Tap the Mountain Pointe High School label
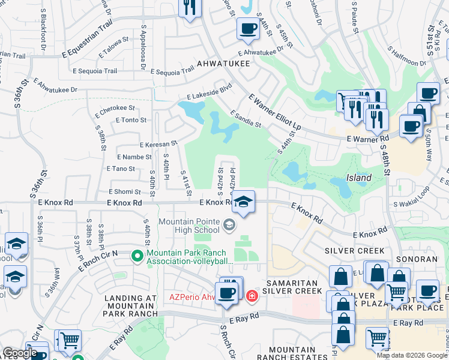(189, 226)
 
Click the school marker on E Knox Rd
(244, 202)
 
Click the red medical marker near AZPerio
(252, 295)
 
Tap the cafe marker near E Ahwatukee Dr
(248, 28)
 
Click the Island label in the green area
(358, 178)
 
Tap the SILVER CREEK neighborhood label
(350, 250)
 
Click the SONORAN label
(419, 259)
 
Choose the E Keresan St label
(158, 144)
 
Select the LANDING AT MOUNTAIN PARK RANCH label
(130, 305)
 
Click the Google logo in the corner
(20, 353)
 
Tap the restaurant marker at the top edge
(190, 7)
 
